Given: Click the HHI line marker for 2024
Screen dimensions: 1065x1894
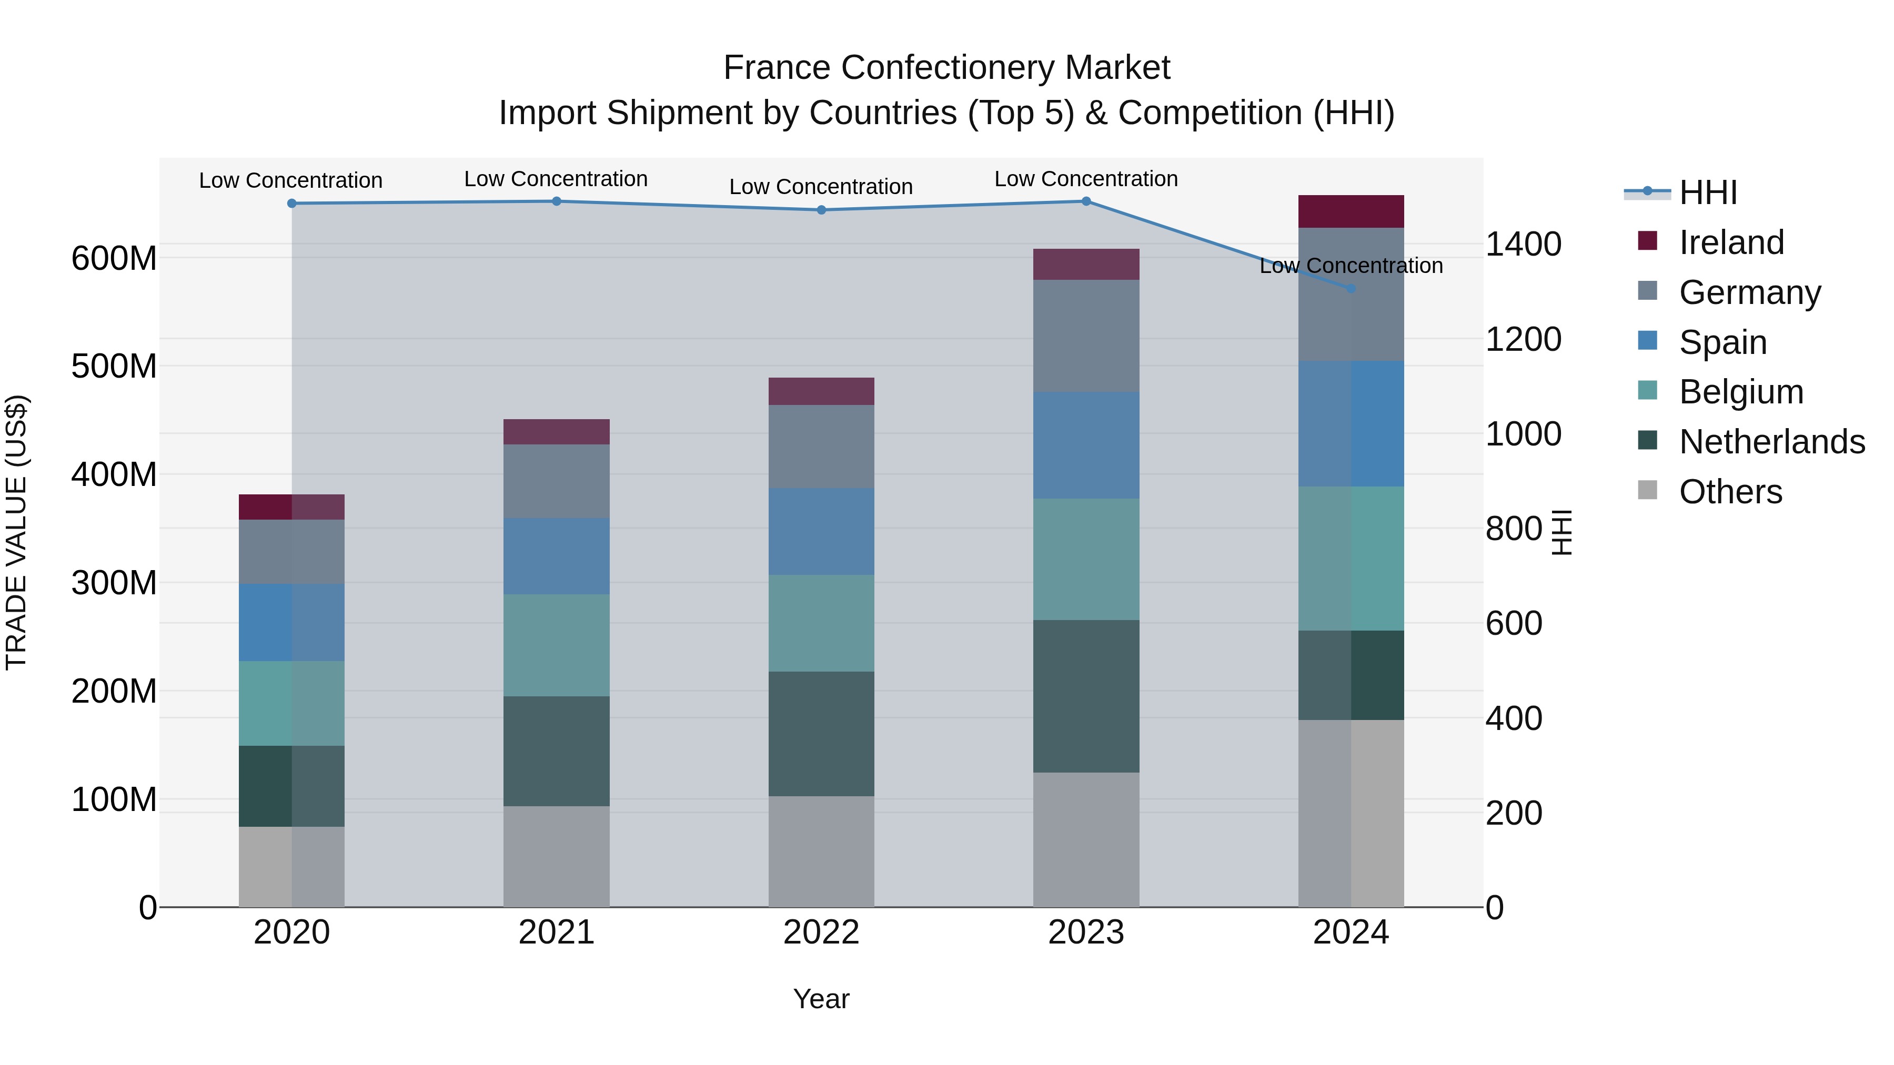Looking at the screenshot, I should click(1351, 289).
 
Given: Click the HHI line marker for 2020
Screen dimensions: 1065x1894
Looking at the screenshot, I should click(292, 204).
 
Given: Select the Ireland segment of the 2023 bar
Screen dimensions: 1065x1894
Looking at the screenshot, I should click(1086, 265).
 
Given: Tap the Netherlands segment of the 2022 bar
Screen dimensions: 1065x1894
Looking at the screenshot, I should click(821, 734).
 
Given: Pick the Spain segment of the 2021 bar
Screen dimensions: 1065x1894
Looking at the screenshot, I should click(557, 556).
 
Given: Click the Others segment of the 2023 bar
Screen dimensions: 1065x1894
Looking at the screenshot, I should click(1086, 839).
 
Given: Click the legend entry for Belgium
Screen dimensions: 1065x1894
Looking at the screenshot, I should click(1740, 392).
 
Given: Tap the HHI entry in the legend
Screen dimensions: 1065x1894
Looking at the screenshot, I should click(1707, 192).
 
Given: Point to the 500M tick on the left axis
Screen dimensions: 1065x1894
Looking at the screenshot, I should click(114, 366).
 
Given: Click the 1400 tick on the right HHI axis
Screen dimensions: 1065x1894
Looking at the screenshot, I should click(1523, 244).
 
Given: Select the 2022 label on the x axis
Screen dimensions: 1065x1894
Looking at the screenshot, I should click(821, 932).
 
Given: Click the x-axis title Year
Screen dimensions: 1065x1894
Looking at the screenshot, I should click(821, 999).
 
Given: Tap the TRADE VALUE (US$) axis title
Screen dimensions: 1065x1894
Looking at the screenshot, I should click(16, 532).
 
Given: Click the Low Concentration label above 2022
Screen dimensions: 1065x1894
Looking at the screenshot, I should click(821, 187).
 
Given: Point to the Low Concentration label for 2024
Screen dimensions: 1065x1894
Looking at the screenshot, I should click(1351, 266).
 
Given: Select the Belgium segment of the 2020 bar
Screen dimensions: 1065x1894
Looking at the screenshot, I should click(292, 703).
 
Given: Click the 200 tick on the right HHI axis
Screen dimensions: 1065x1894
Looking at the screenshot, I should click(1514, 814).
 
